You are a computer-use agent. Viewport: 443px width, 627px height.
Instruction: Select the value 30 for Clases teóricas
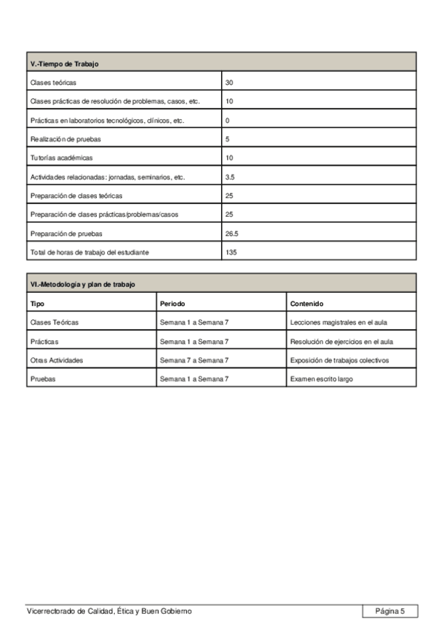(x=229, y=82)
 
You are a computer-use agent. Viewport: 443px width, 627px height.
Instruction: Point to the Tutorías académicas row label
(x=61, y=157)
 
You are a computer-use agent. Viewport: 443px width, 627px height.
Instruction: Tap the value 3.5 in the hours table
(x=231, y=177)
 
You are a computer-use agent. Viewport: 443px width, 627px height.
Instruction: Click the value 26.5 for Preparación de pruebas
(x=232, y=233)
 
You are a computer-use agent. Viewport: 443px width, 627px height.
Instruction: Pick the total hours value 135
(x=231, y=252)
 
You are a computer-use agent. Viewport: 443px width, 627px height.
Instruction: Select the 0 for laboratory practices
(x=228, y=120)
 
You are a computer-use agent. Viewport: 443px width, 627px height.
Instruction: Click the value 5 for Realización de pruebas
(x=228, y=139)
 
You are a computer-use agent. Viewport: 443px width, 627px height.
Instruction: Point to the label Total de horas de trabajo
(x=89, y=252)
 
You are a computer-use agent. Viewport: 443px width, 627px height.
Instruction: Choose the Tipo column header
(x=37, y=303)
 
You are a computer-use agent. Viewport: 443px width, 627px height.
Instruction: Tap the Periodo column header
(x=172, y=303)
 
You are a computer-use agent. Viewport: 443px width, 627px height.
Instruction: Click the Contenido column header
(x=307, y=303)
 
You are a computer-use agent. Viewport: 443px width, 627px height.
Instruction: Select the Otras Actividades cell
(x=56, y=359)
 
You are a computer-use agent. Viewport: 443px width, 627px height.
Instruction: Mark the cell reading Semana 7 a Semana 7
(x=195, y=359)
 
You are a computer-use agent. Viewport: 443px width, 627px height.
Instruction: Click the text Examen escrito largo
(x=322, y=379)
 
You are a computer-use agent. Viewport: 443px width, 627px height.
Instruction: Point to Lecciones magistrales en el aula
(x=339, y=322)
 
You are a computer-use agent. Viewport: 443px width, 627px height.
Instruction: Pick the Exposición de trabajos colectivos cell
(x=340, y=359)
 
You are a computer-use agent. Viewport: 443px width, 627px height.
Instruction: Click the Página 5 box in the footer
(x=390, y=611)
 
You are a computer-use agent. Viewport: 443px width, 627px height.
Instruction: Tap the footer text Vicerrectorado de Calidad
(x=109, y=611)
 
